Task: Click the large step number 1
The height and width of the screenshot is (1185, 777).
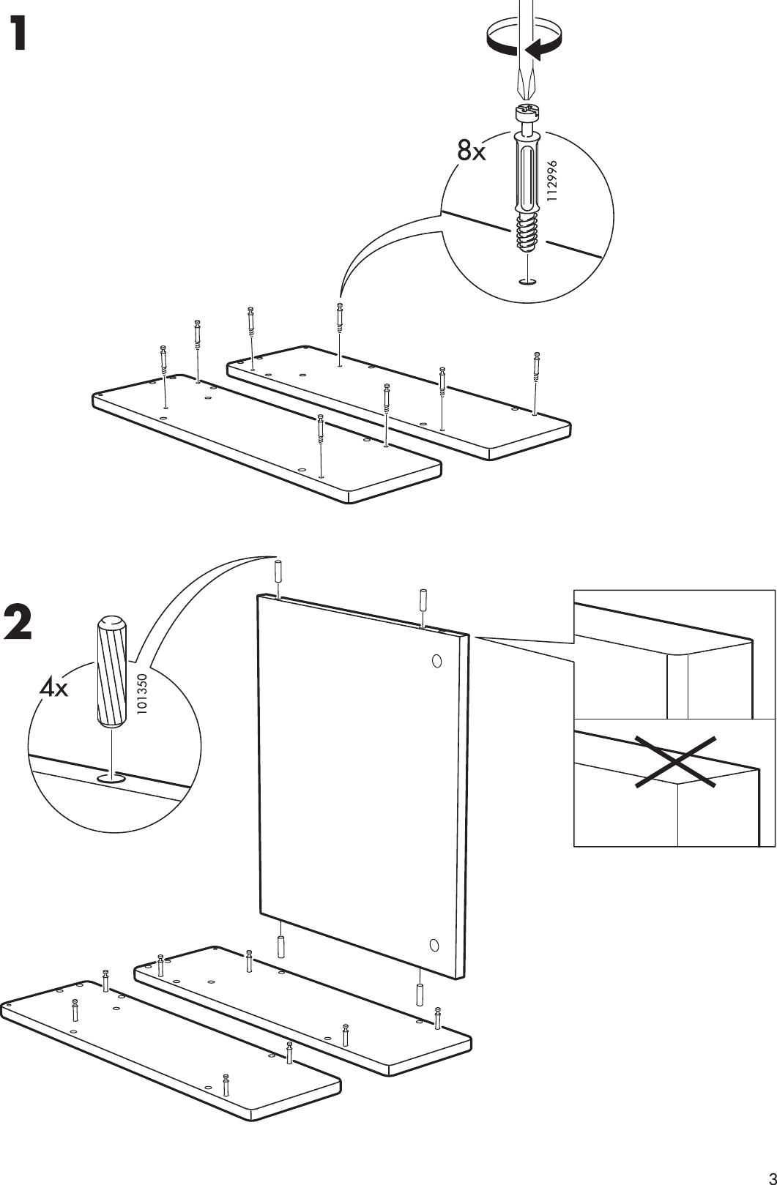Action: point(26,34)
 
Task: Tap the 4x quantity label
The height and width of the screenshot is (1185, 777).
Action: point(53,687)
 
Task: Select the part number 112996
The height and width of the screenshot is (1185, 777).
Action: point(553,182)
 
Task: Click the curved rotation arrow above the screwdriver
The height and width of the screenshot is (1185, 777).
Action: point(524,37)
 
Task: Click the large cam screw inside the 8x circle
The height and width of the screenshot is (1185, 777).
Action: point(527,183)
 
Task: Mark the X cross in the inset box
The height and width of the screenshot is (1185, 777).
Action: point(674,762)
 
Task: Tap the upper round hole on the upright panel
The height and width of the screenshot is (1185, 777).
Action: point(436,661)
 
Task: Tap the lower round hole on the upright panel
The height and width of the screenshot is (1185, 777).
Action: point(434,944)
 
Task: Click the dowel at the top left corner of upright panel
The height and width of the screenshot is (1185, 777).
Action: point(278,571)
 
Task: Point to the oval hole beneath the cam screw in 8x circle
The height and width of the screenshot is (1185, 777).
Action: point(527,281)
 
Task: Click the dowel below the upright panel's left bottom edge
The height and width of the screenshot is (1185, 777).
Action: point(280,947)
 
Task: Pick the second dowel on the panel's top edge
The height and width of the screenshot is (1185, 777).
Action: point(423,599)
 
